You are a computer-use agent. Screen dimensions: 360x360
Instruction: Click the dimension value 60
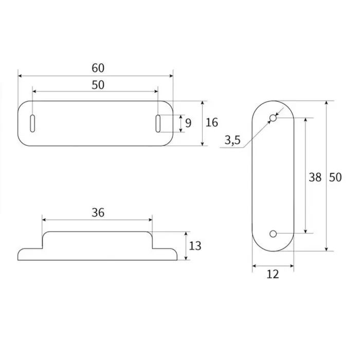[x=98, y=68]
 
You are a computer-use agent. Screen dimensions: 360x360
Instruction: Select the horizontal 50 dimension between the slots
[x=98, y=85]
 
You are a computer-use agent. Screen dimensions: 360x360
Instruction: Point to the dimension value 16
[x=211, y=122]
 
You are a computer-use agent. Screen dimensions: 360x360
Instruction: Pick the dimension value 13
[x=195, y=246]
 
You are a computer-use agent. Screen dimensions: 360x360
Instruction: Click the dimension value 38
[x=315, y=177]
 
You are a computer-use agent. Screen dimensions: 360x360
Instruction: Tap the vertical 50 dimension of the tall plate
[x=335, y=177]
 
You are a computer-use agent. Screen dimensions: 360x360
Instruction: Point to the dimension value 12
[x=273, y=275]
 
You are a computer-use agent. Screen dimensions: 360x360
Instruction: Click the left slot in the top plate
[x=33, y=123]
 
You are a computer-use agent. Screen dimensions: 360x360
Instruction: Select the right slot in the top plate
[x=158, y=123]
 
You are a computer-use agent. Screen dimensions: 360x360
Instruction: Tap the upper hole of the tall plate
[x=273, y=119]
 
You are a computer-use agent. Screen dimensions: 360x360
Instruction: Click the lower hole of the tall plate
[x=273, y=234]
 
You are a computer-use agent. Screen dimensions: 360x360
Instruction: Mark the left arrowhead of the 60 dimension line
[x=21, y=76]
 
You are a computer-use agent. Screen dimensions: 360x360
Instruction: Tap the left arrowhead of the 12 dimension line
[x=255, y=266]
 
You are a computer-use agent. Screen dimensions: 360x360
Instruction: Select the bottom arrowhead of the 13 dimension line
[x=186, y=257]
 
